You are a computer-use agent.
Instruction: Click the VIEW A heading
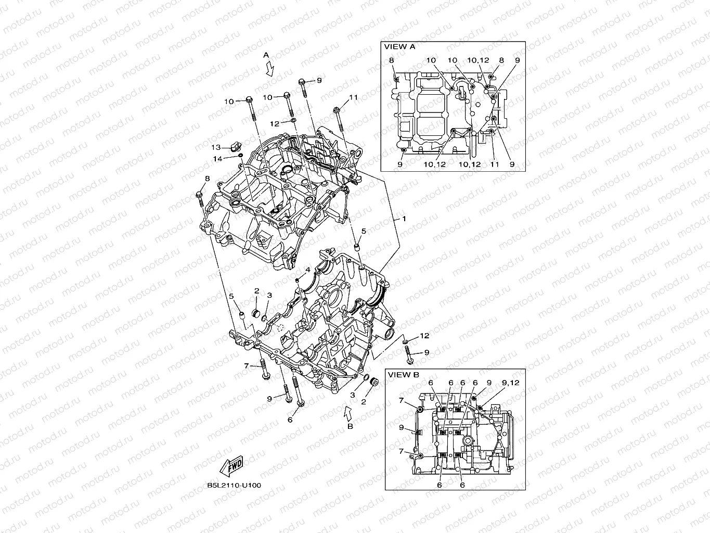(x=399, y=46)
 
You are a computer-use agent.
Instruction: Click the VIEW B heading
(x=404, y=374)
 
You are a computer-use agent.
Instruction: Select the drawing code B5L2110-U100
(x=234, y=485)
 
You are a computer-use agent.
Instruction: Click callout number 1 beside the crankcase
(x=404, y=219)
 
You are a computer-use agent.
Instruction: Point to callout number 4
(x=307, y=270)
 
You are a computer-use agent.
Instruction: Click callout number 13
(x=216, y=147)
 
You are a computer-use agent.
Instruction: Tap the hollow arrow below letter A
(x=269, y=68)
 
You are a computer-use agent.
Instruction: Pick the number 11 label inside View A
(x=495, y=164)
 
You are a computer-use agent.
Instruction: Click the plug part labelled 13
(x=233, y=148)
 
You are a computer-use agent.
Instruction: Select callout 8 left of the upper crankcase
(x=207, y=179)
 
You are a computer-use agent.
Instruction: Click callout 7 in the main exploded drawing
(x=247, y=366)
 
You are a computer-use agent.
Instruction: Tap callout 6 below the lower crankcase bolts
(x=290, y=420)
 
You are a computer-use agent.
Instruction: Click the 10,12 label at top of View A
(x=478, y=60)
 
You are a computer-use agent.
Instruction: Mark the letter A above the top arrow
(x=266, y=55)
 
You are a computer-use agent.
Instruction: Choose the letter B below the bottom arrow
(x=350, y=426)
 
